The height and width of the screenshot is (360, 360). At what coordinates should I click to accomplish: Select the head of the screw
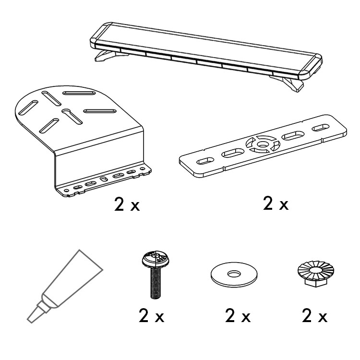[x=156, y=260]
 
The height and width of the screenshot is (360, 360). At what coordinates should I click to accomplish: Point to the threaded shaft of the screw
[x=156, y=283]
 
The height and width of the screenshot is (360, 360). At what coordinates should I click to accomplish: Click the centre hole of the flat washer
[x=234, y=274]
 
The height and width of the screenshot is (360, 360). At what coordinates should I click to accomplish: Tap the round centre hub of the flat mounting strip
[x=263, y=144]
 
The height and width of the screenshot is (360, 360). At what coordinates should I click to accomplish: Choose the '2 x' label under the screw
[x=152, y=316]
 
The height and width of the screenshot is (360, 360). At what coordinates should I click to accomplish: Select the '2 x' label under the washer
[x=238, y=316]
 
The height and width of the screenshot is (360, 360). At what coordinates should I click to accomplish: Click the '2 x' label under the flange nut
[x=314, y=316]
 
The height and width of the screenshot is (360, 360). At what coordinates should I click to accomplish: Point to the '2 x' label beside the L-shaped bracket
[x=127, y=204]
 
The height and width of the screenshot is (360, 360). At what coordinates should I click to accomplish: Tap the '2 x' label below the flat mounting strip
[x=276, y=203]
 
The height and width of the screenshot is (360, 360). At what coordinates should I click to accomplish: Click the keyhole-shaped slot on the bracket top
[x=72, y=116]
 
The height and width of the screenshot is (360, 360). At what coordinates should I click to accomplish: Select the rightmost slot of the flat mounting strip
[x=321, y=128]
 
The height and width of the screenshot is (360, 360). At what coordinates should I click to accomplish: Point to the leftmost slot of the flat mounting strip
[x=205, y=161]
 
